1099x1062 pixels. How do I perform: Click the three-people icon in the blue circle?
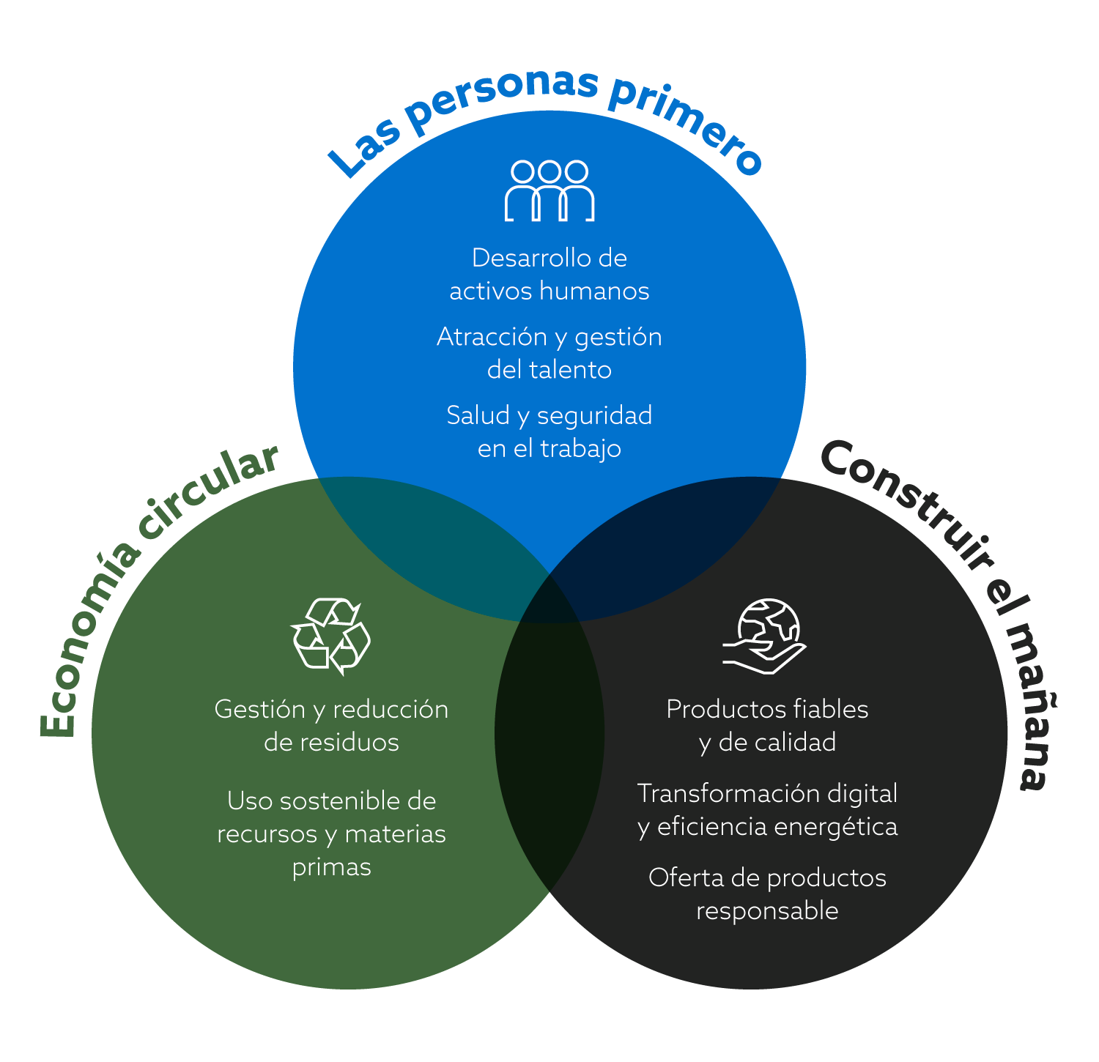[549, 190]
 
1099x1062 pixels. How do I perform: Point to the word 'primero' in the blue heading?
[685, 125]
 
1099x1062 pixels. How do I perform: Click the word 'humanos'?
[594, 292]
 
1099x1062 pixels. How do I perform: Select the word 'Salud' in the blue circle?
[478, 416]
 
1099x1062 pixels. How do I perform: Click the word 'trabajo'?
[580, 449]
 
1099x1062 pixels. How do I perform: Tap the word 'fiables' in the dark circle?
[830, 709]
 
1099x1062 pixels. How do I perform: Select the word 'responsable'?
[767, 911]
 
